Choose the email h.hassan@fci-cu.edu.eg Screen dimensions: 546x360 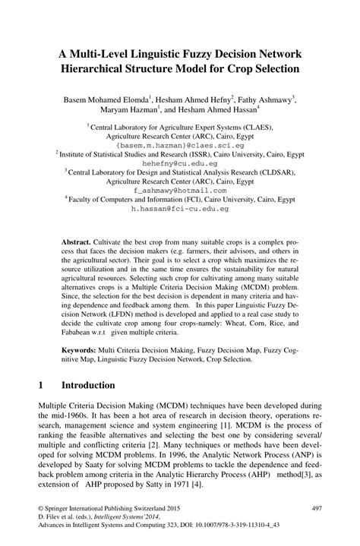180,207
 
